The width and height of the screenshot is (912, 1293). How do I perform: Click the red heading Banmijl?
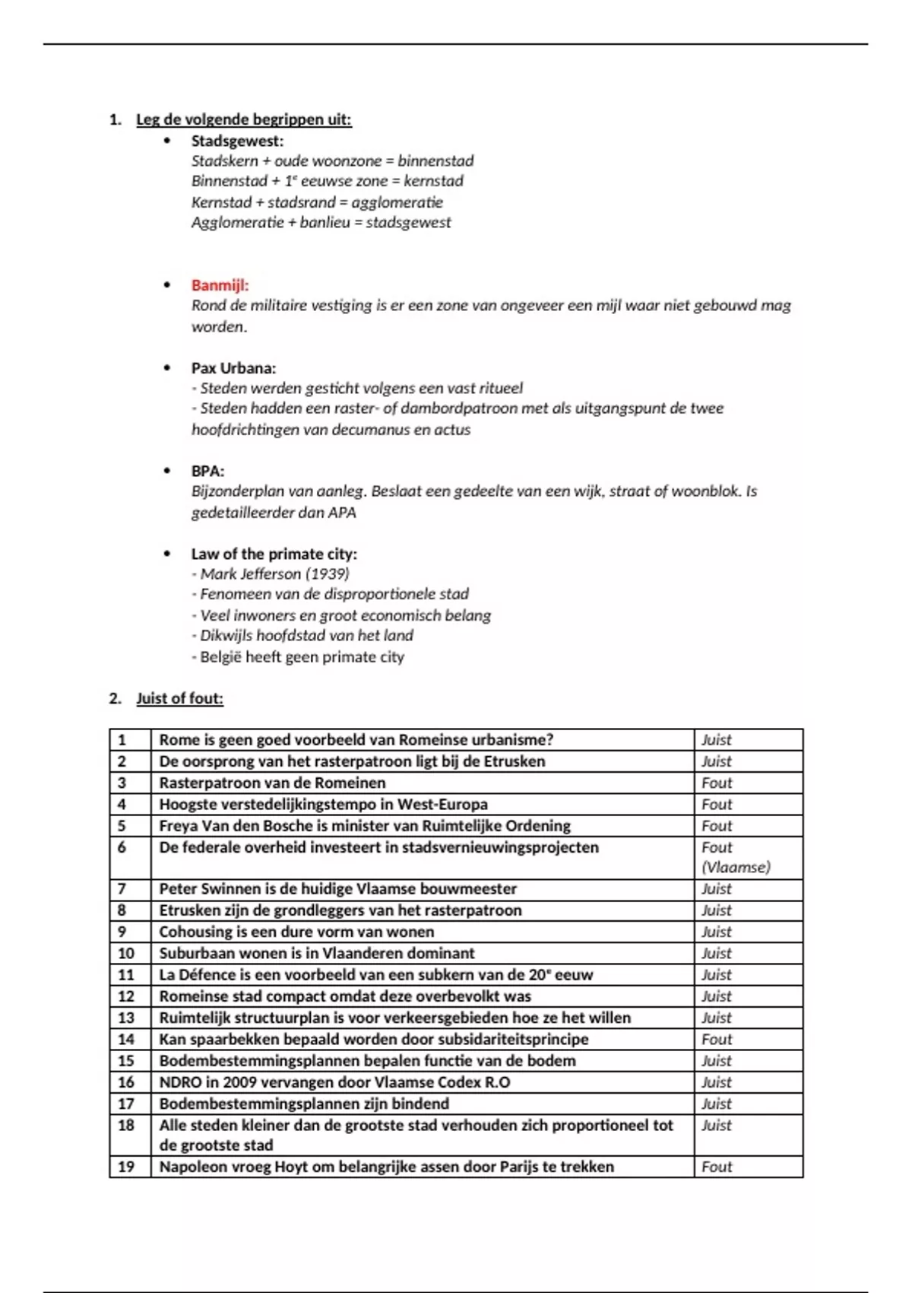pyautogui.click(x=220, y=285)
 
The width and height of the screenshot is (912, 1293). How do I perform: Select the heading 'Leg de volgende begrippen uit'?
pyautogui.click(x=243, y=119)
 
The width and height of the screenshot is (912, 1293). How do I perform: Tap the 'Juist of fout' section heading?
pyautogui.click(x=179, y=698)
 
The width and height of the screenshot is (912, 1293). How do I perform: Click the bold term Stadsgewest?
pyautogui.click(x=237, y=141)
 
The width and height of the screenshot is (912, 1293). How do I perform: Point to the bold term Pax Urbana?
pyautogui.click(x=233, y=368)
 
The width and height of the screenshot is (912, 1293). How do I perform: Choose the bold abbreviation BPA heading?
pyautogui.click(x=207, y=471)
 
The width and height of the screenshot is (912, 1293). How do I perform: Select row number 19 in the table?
pyautogui.click(x=126, y=1167)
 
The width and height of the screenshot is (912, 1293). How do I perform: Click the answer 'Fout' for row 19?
pyautogui.click(x=717, y=1167)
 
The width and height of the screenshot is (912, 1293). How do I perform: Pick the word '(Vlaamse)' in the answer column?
pyautogui.click(x=736, y=867)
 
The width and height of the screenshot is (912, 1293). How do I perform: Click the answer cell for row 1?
pyautogui.click(x=717, y=739)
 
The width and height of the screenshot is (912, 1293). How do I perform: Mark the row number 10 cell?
pyautogui.click(x=126, y=953)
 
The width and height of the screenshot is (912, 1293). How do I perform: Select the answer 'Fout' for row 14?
pyautogui.click(x=717, y=1039)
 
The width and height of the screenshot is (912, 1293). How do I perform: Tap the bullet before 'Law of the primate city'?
pyautogui.click(x=167, y=554)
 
